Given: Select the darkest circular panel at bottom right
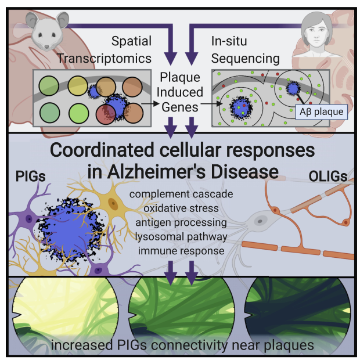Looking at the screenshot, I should click(x=296, y=311).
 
